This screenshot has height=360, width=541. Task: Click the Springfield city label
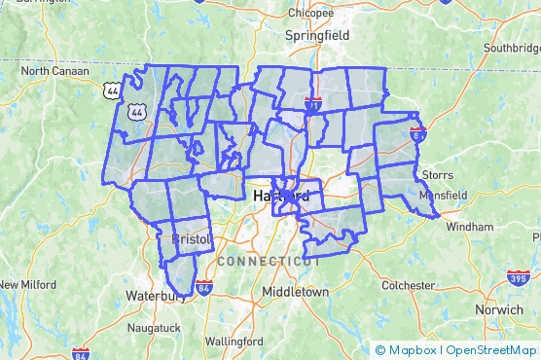coord(315,35)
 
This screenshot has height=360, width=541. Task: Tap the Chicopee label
coord(310,14)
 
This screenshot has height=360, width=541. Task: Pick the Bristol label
coord(191,237)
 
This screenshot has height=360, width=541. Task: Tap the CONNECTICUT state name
coord(270,262)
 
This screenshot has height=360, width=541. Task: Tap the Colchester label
coord(408,285)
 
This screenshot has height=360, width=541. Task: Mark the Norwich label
coord(499,309)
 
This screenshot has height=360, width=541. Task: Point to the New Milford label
coord(26,284)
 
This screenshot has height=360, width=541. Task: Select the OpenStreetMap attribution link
coord(491,350)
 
